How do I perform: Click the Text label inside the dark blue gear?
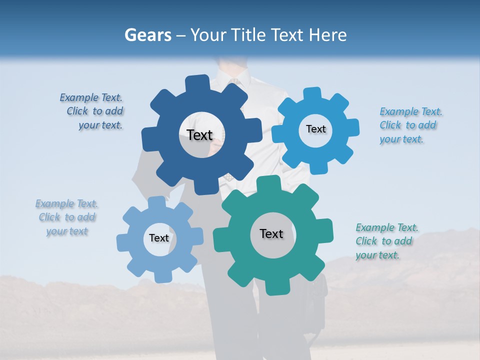point(199,135)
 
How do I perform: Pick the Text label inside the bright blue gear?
point(315,129)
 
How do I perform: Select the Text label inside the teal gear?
point(271,233)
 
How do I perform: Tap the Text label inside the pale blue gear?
point(159,238)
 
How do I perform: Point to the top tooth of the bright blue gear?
point(312,94)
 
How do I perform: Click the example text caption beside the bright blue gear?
point(410,125)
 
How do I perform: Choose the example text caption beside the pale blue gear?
point(67,217)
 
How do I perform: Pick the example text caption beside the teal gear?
point(386,241)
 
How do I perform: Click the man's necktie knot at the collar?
point(234,81)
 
